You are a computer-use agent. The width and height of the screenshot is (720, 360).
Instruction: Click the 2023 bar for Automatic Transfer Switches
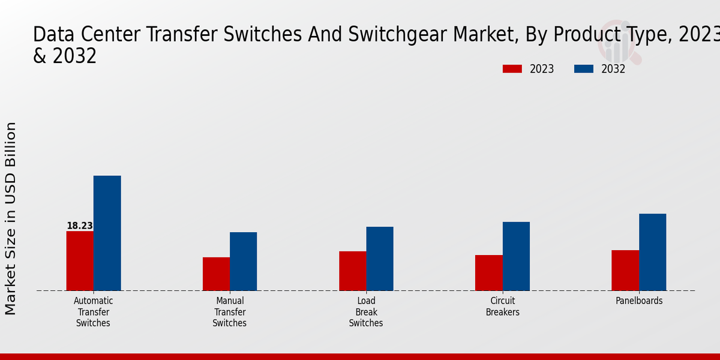click(x=80, y=261)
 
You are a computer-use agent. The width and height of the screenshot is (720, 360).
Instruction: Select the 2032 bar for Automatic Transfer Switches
click(x=107, y=233)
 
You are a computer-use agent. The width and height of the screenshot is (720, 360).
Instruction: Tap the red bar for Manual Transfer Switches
click(x=216, y=274)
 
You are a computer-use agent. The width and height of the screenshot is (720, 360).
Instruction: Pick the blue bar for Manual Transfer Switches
click(x=243, y=262)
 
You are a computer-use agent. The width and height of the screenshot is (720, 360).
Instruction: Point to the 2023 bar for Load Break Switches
click(x=352, y=271)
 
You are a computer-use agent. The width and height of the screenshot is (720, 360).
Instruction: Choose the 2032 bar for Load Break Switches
click(x=380, y=259)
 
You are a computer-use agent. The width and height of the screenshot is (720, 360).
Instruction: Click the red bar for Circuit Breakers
click(x=489, y=273)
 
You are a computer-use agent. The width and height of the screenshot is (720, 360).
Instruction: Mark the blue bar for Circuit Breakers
click(x=516, y=256)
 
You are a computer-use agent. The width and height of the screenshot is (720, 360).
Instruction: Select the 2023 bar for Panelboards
click(x=625, y=271)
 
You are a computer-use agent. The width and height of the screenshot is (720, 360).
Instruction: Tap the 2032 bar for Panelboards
click(x=652, y=252)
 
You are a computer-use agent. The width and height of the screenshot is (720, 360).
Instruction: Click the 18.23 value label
click(x=80, y=226)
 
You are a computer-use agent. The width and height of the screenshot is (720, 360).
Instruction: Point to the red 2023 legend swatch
click(x=512, y=69)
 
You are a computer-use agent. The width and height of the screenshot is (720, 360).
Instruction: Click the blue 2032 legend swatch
click(x=584, y=69)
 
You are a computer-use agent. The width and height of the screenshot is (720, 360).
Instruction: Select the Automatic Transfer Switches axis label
click(x=93, y=312)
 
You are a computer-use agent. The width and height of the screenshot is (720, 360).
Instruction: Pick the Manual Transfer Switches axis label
click(x=230, y=312)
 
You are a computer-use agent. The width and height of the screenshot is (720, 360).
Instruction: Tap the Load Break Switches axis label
click(x=366, y=312)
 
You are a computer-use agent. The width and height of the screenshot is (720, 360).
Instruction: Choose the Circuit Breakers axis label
click(x=503, y=307)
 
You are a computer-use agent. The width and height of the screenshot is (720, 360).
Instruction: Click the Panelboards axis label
click(x=639, y=301)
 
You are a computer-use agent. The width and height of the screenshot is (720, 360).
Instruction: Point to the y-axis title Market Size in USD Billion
click(x=11, y=218)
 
